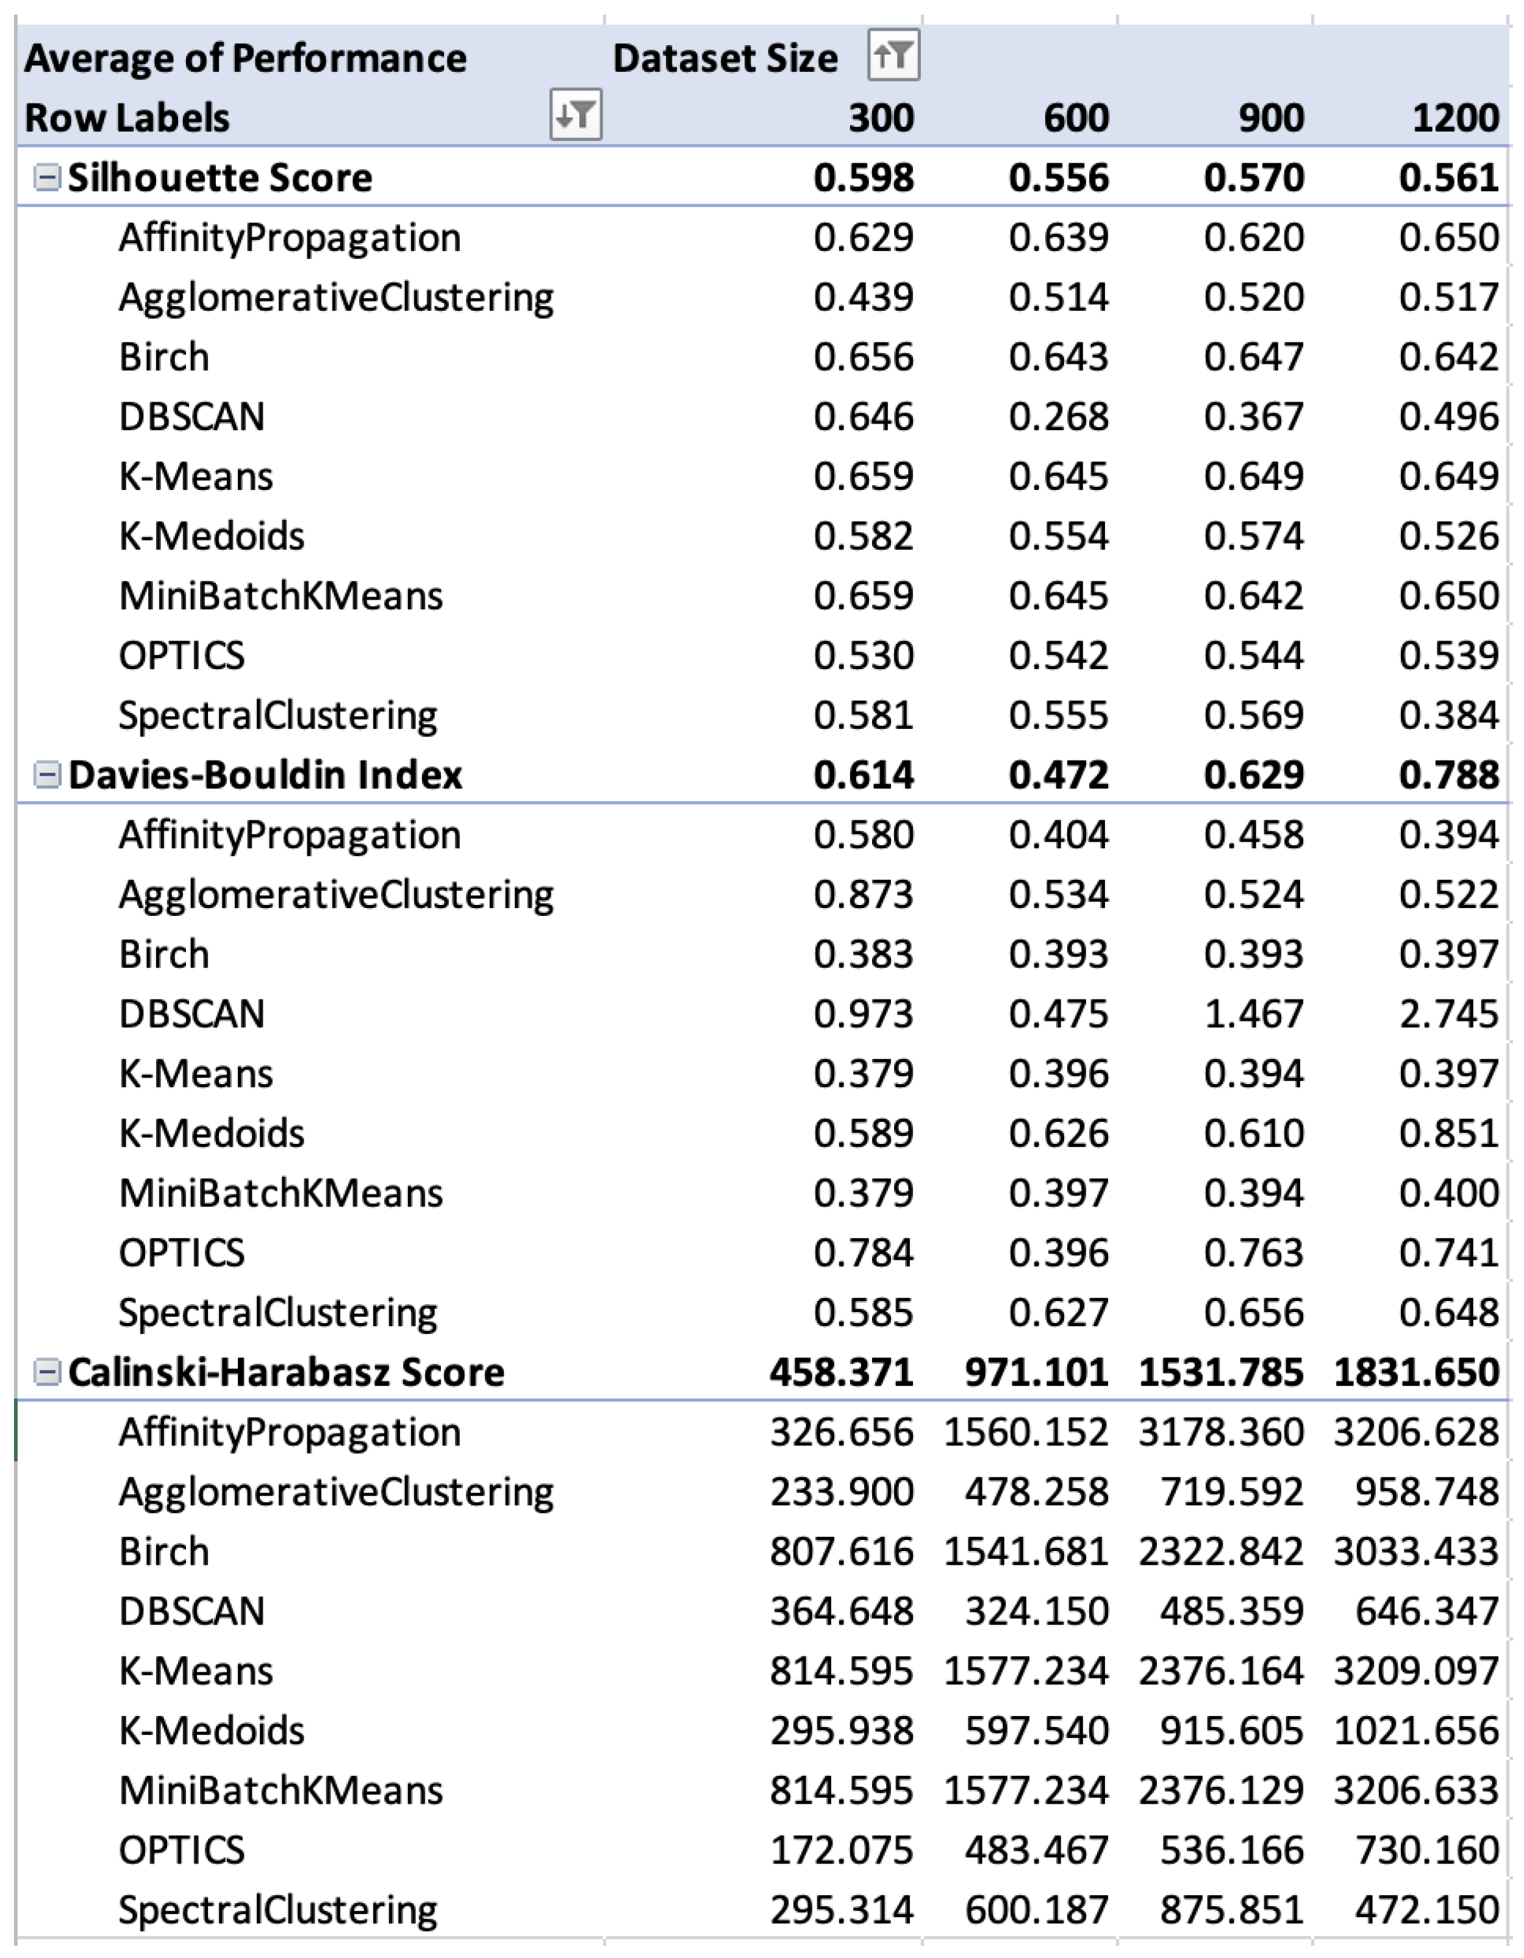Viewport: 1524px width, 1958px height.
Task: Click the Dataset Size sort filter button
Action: click(x=893, y=55)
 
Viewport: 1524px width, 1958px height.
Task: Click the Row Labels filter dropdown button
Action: click(x=575, y=115)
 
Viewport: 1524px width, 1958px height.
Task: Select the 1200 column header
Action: click(x=1455, y=118)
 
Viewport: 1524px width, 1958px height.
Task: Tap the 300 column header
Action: click(x=881, y=118)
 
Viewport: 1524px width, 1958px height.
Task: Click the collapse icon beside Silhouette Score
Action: click(x=46, y=177)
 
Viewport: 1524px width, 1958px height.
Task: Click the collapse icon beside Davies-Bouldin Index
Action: click(x=46, y=775)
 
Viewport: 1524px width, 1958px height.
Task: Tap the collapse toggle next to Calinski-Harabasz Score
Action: click(x=46, y=1372)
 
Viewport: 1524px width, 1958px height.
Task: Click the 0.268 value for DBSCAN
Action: click(x=1059, y=417)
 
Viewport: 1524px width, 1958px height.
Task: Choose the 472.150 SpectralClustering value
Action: click(x=1426, y=1910)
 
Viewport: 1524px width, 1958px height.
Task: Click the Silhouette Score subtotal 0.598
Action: click(x=863, y=177)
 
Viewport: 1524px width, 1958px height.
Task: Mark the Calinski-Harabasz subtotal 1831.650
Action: click(x=1415, y=1372)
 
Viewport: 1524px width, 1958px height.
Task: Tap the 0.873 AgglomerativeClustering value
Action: click(x=863, y=895)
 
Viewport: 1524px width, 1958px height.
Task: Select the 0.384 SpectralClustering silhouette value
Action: click(x=1448, y=715)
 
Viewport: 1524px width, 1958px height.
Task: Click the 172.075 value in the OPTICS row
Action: click(x=842, y=1850)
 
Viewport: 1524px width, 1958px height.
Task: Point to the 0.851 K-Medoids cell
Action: click(x=1448, y=1133)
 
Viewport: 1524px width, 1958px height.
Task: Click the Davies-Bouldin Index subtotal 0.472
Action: click(x=1059, y=775)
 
